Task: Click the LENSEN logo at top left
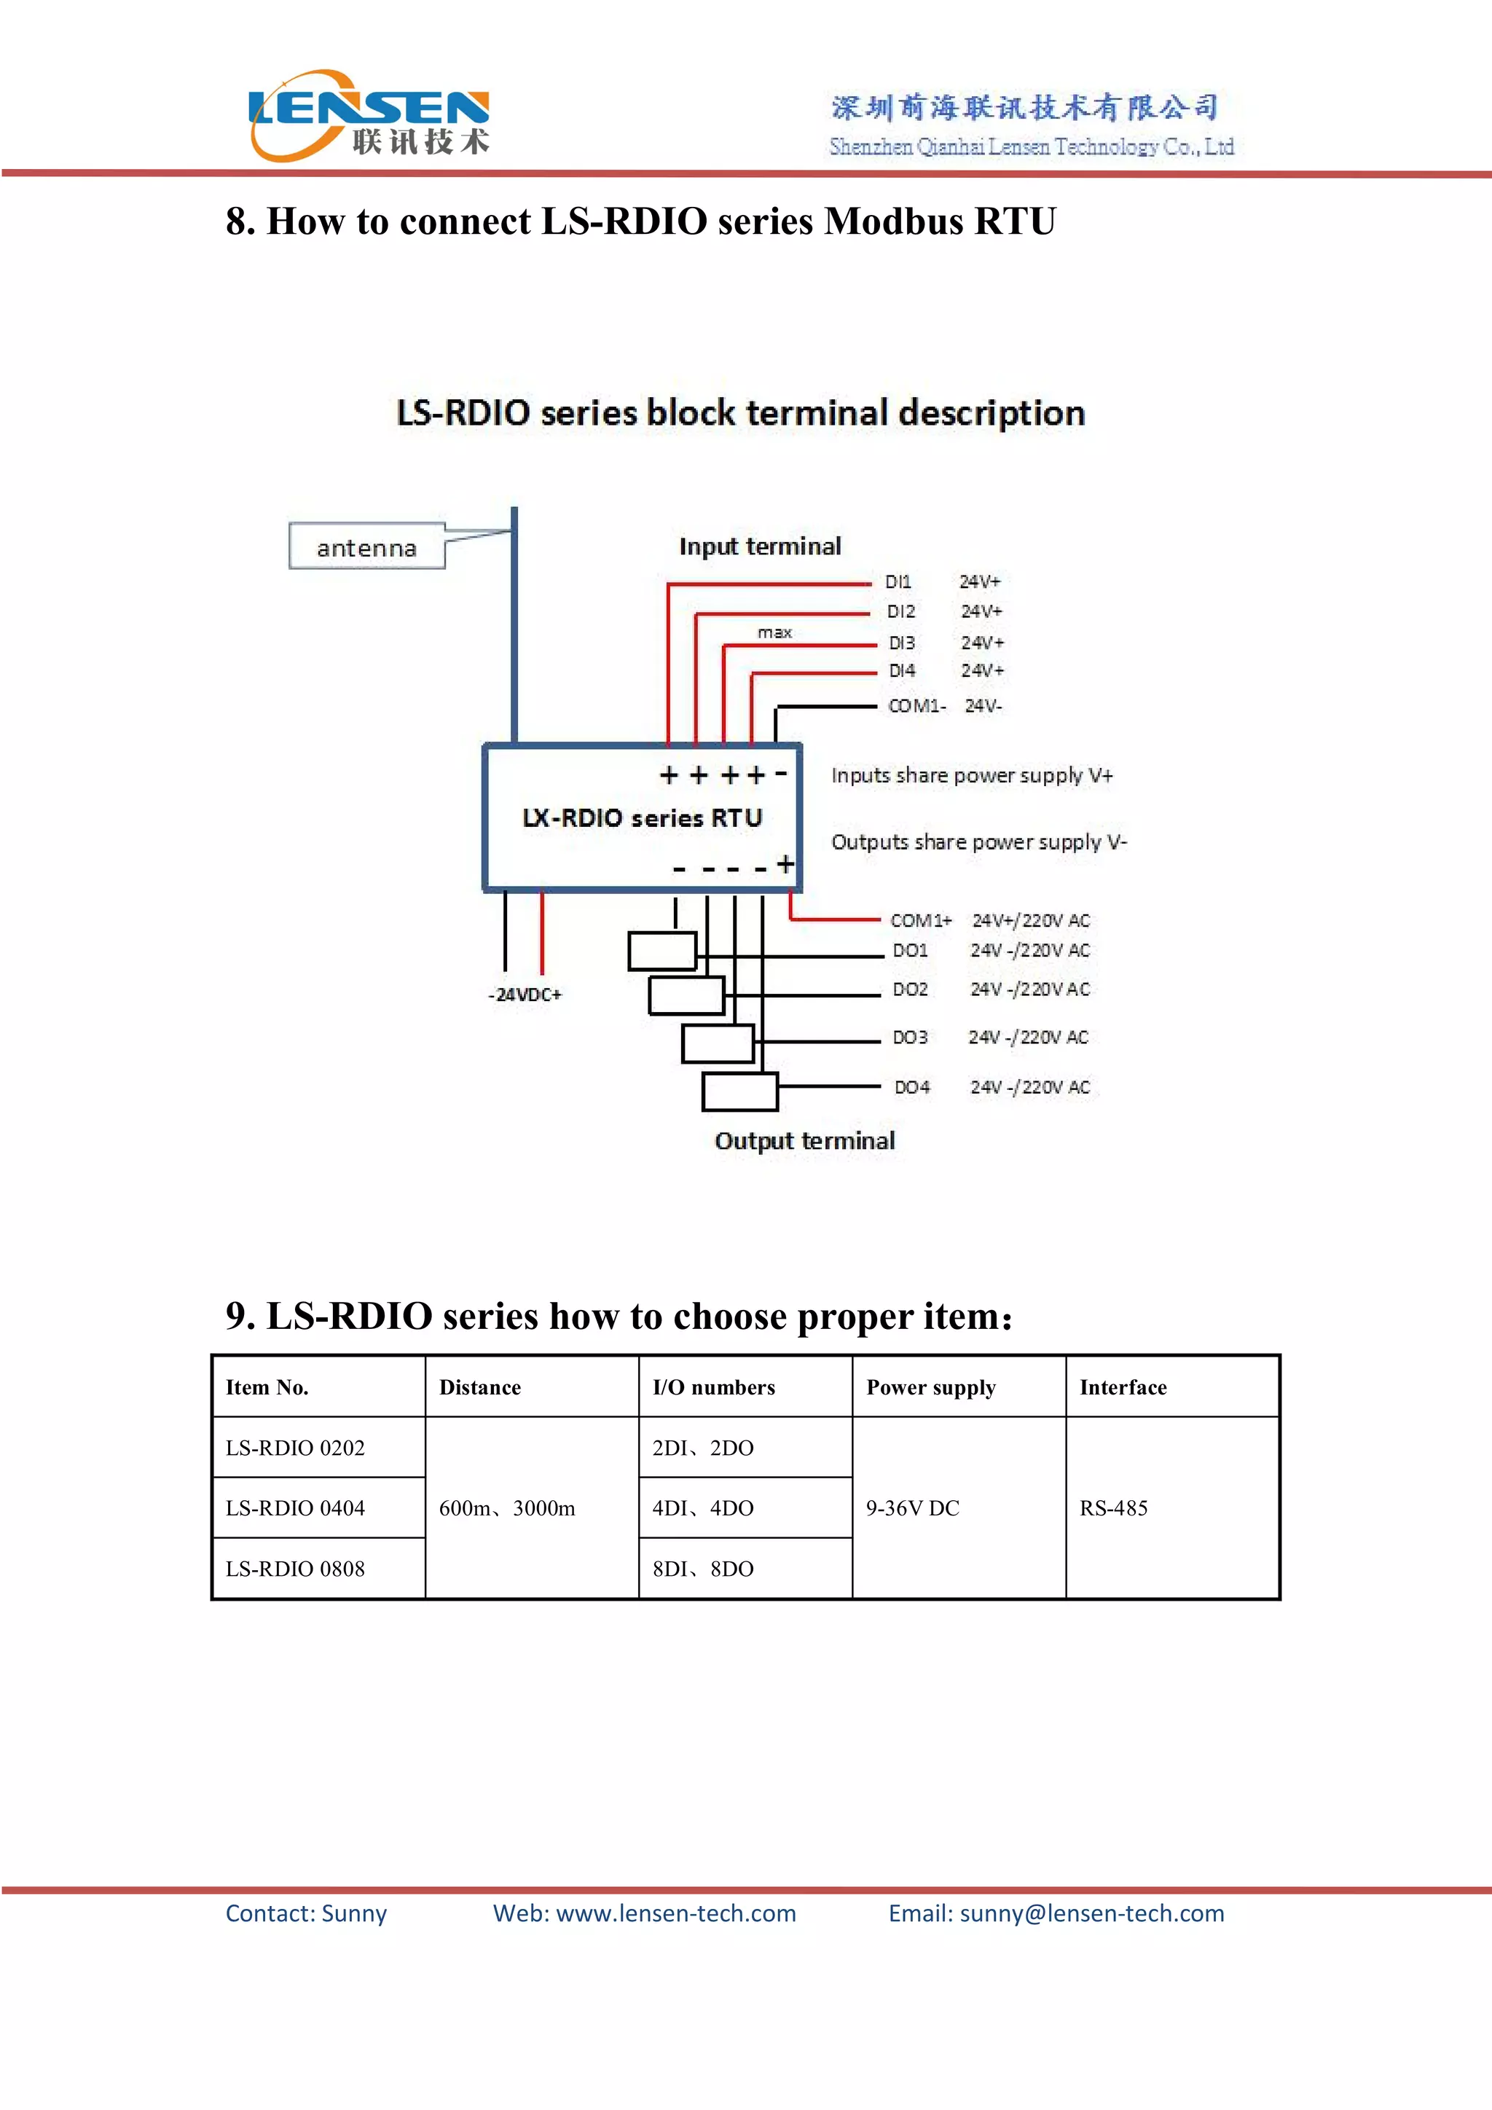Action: click(x=369, y=117)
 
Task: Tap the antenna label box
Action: click(x=366, y=548)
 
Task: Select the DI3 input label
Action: click(x=901, y=643)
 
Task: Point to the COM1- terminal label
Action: click(x=916, y=706)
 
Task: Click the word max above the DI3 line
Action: click(x=774, y=632)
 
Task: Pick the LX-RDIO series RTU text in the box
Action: click(x=642, y=818)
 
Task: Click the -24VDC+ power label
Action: click(x=525, y=995)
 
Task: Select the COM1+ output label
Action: click(x=921, y=920)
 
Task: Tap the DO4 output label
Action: click(x=912, y=1087)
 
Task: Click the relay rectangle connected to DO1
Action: click(x=661, y=951)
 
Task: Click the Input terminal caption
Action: click(x=760, y=546)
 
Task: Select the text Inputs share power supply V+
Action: click(x=971, y=776)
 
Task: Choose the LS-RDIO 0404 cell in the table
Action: click(x=295, y=1508)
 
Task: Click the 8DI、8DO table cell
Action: click(x=703, y=1569)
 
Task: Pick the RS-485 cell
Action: click(x=1113, y=1508)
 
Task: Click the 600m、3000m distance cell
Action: click(x=507, y=1508)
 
